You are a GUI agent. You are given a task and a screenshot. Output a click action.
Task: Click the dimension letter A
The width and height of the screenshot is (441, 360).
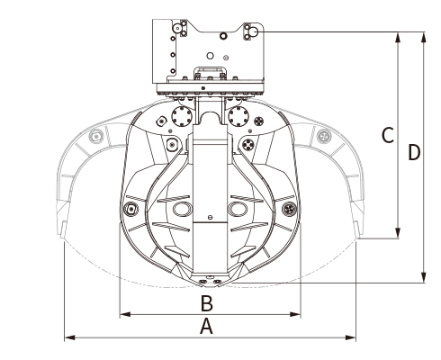point(206,327)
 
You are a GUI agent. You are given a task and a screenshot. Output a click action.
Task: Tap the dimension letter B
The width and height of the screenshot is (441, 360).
point(207,303)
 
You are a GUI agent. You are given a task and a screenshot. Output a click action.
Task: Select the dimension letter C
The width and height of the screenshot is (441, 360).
point(388,135)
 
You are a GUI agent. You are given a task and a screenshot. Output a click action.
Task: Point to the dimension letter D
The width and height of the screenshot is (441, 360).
point(414,152)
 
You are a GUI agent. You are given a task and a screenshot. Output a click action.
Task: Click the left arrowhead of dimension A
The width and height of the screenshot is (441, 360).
point(69,337)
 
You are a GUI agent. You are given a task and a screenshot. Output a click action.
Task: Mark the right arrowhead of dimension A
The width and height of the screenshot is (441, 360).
point(351,337)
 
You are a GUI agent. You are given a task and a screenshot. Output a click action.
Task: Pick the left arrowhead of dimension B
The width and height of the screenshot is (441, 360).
point(125,314)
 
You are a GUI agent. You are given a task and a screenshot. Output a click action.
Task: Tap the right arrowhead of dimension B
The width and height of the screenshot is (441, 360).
point(295,314)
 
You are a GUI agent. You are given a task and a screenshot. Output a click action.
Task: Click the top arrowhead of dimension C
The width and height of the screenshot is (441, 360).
point(398,37)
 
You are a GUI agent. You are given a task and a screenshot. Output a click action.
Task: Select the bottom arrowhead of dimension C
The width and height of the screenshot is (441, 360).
point(398,233)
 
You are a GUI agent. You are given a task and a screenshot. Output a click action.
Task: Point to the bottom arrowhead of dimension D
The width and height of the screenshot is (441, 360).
point(424,277)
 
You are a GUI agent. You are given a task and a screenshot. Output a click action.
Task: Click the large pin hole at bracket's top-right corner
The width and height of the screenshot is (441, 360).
point(254,31)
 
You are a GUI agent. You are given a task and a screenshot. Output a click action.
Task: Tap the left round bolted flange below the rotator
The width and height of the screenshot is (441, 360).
point(182,116)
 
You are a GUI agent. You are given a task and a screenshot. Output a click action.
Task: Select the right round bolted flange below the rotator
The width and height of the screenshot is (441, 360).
point(238,116)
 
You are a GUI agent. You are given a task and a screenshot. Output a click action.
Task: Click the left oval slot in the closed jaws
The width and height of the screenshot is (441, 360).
point(182,209)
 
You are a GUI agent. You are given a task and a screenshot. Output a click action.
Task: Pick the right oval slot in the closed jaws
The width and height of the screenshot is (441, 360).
point(238,209)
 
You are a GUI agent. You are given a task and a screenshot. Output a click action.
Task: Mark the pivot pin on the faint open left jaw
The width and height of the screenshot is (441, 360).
point(96,137)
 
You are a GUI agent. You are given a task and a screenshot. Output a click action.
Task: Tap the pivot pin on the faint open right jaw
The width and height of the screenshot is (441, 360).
point(324,137)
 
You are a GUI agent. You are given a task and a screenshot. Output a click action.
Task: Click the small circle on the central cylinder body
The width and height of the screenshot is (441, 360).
point(210,217)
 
